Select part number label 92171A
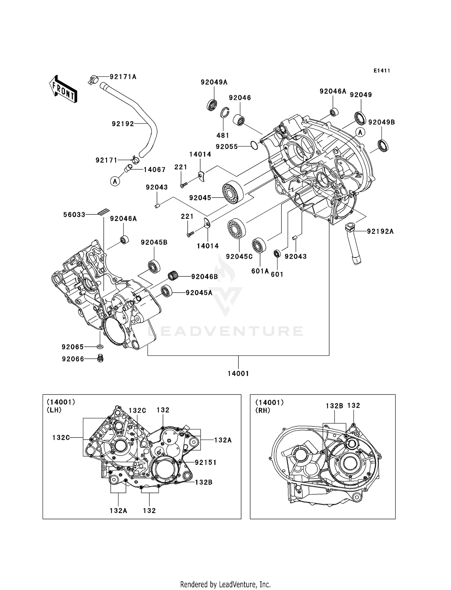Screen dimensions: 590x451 pyautogui.click(x=123, y=77)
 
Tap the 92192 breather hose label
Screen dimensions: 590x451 pyautogui.click(x=123, y=124)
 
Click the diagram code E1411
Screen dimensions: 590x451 pyautogui.click(x=382, y=71)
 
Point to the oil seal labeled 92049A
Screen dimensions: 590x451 pyautogui.click(x=213, y=105)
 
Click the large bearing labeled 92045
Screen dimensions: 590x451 pyautogui.click(x=232, y=192)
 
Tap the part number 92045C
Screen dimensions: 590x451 pyautogui.click(x=239, y=257)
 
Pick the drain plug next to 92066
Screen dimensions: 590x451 pyautogui.click(x=101, y=358)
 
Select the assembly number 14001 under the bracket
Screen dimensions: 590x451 pyautogui.click(x=238, y=373)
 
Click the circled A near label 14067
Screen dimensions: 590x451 pyautogui.click(x=115, y=181)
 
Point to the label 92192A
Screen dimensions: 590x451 pyautogui.click(x=380, y=231)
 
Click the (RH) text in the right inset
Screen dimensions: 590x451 pyautogui.click(x=262, y=410)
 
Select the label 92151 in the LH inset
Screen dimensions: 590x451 pyautogui.click(x=206, y=462)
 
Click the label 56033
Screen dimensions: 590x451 pyautogui.click(x=74, y=215)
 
